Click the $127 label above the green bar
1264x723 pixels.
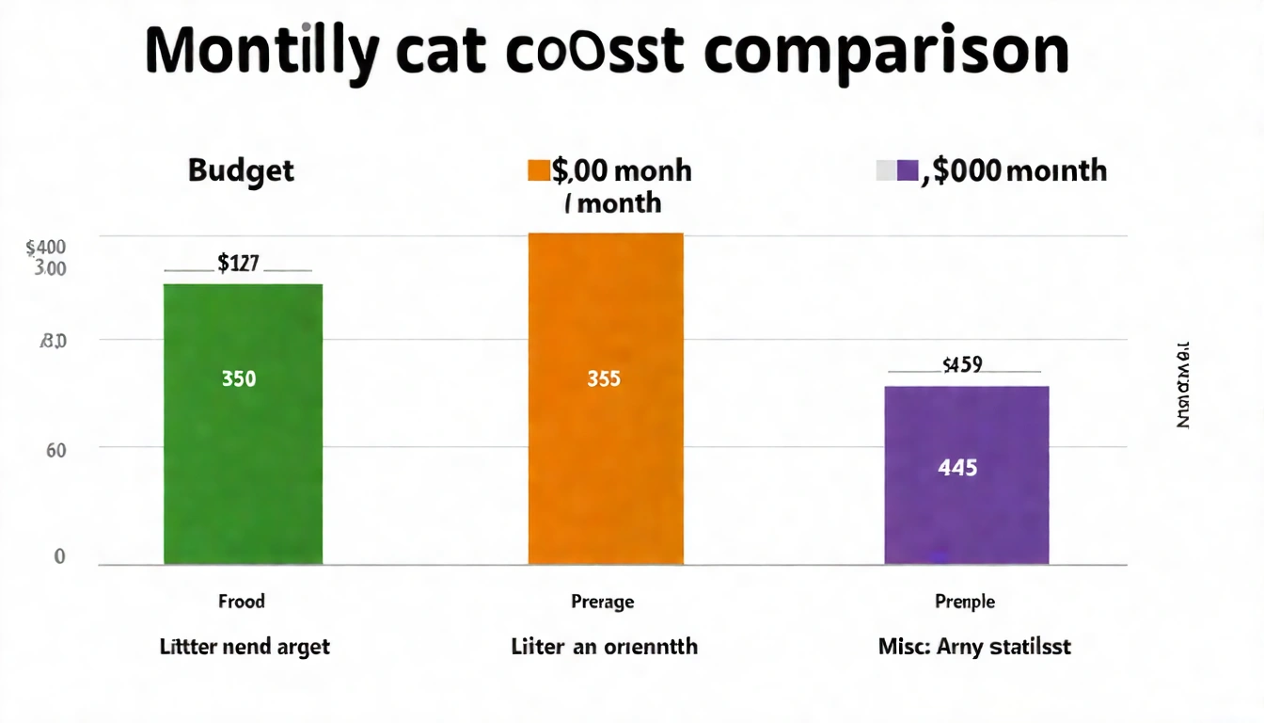[238, 264]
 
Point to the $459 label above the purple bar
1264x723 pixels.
[962, 364]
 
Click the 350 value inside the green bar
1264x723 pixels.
[239, 379]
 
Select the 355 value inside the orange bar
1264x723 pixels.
[603, 379]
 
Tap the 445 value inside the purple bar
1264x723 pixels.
[957, 467]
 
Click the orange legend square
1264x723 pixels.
[538, 170]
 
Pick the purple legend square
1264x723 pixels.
[907, 170]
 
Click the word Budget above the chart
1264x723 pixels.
[241, 170]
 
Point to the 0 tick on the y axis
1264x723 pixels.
[58, 556]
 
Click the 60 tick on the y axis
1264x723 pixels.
[55, 450]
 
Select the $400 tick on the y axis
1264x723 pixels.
[46, 248]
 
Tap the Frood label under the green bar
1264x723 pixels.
[242, 602]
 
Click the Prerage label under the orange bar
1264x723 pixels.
[603, 602]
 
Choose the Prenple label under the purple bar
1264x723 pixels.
[965, 602]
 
